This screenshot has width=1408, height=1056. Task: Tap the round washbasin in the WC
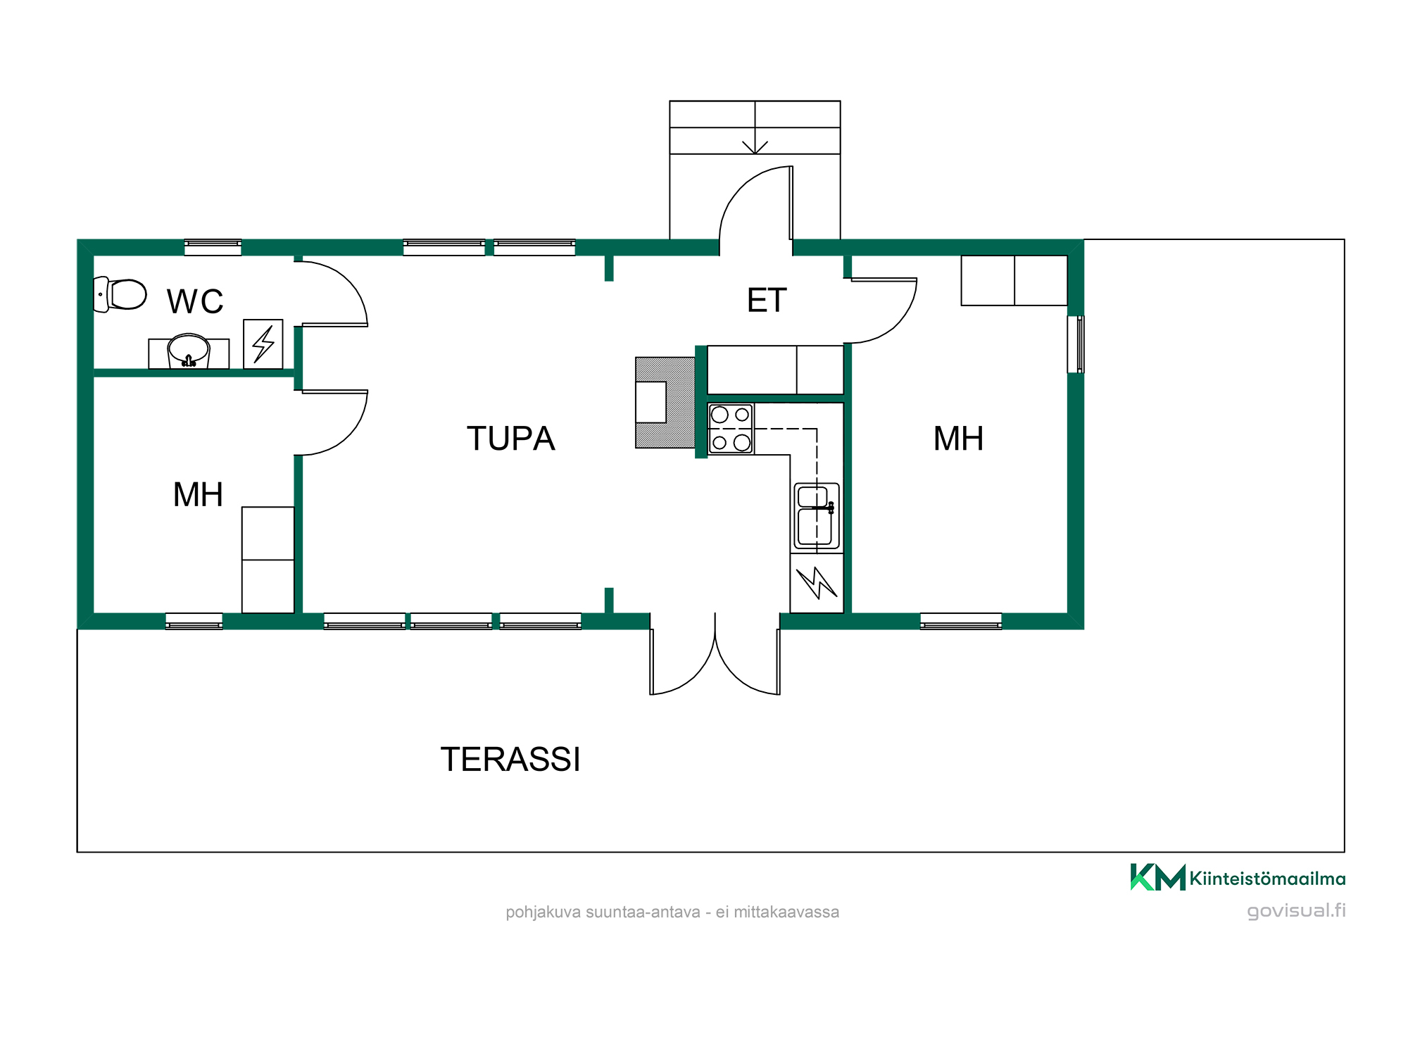[x=189, y=350]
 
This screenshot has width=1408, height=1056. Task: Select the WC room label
[x=195, y=301]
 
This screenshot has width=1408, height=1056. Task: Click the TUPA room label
[x=511, y=439]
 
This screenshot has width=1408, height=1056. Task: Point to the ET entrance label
[x=767, y=301]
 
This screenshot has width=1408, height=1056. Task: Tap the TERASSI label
[x=510, y=760]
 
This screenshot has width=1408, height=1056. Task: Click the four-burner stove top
[x=731, y=429]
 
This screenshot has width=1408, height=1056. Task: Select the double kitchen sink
[x=817, y=516]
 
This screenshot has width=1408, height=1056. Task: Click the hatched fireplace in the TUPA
[x=665, y=403]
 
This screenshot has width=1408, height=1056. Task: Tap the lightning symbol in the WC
[x=263, y=344]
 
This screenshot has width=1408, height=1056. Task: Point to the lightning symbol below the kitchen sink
[x=817, y=583]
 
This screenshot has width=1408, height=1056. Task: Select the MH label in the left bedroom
[x=198, y=494]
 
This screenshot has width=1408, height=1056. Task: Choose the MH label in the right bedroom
[x=958, y=439]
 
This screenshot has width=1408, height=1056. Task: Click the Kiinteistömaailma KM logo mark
[x=1157, y=877]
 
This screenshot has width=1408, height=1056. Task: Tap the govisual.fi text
[x=1296, y=911]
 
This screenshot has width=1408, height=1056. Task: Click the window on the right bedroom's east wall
[x=1076, y=344]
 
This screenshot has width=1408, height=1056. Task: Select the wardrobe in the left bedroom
[x=268, y=560]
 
